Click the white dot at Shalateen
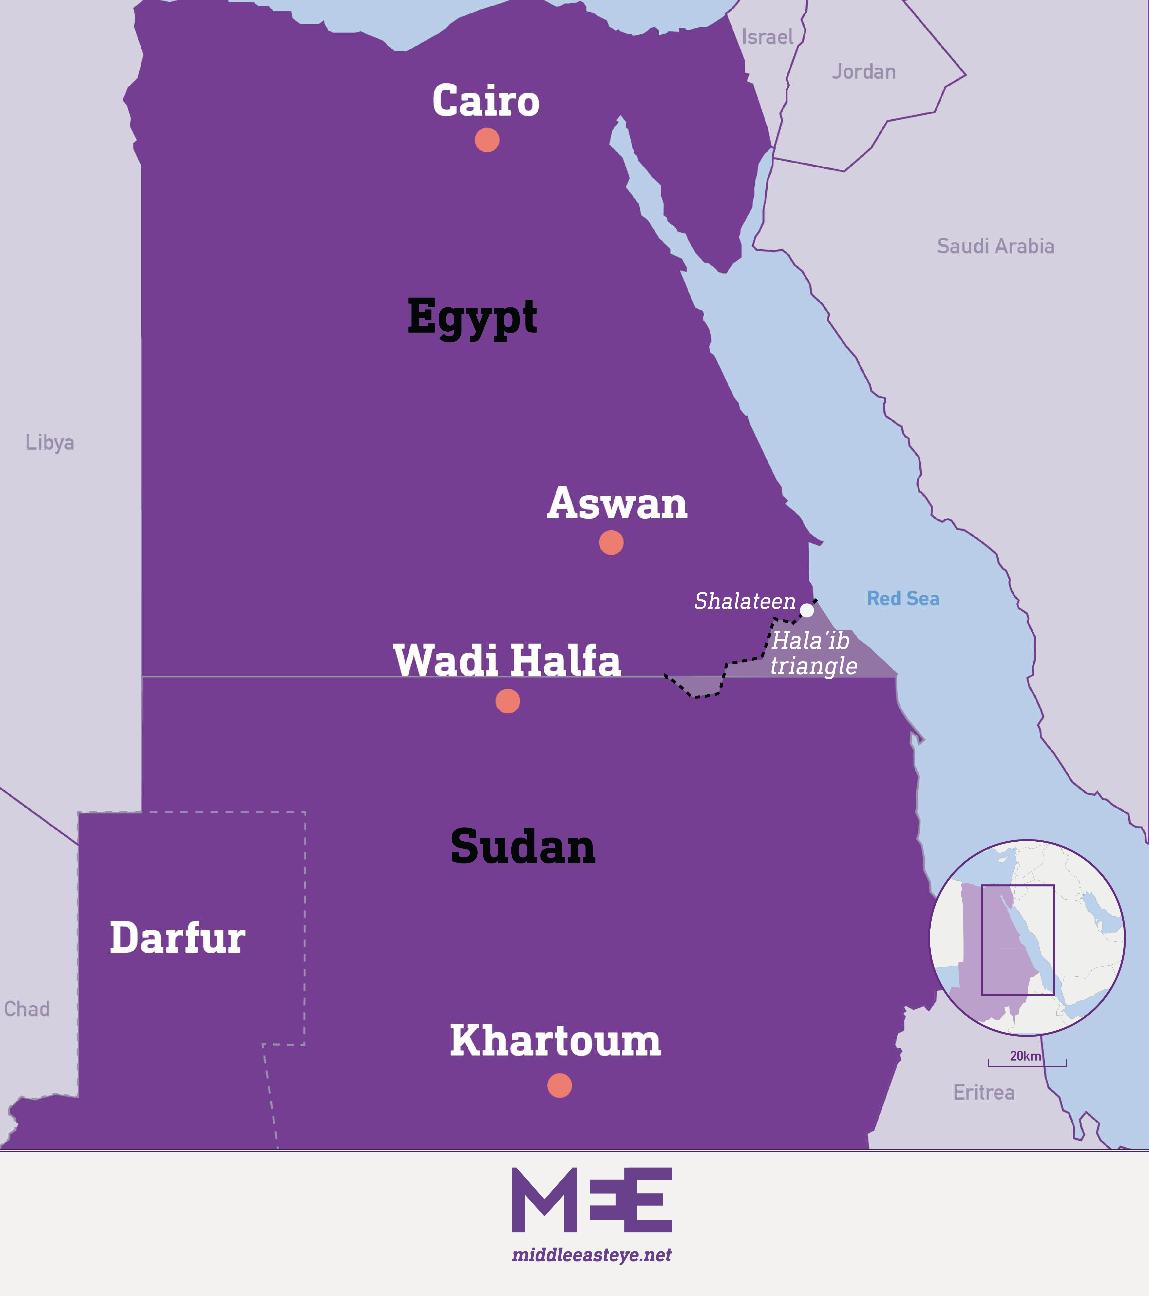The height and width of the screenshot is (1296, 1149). (x=806, y=610)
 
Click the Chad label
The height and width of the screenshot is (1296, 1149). (x=27, y=1009)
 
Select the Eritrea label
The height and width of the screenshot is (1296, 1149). (x=983, y=1092)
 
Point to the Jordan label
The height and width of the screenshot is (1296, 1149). (x=863, y=72)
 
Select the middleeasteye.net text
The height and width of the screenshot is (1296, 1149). (x=591, y=1255)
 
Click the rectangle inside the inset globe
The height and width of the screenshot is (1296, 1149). (x=1018, y=940)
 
